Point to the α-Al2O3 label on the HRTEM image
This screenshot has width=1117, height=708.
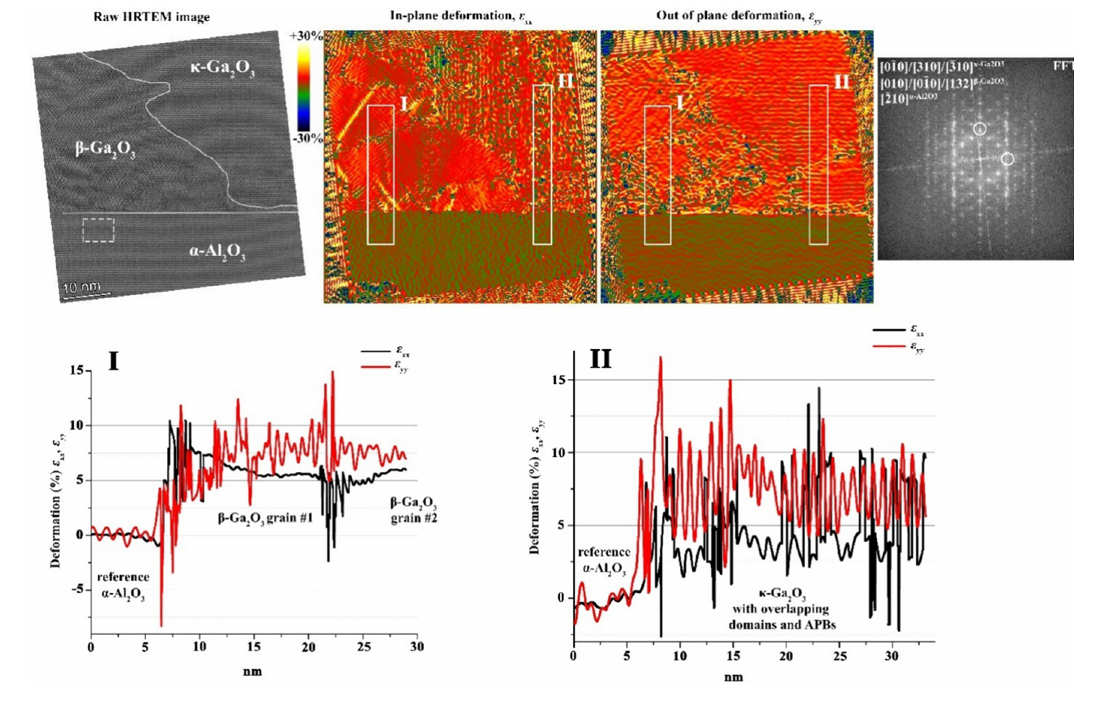[217, 253]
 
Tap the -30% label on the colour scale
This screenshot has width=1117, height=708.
[308, 138]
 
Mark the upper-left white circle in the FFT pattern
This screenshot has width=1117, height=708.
[979, 128]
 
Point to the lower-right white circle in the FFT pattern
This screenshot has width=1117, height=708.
[1008, 160]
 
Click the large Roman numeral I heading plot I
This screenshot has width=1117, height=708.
[113, 360]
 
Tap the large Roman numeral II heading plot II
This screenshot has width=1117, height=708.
[600, 359]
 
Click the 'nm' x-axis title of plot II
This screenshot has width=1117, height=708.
[733, 676]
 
